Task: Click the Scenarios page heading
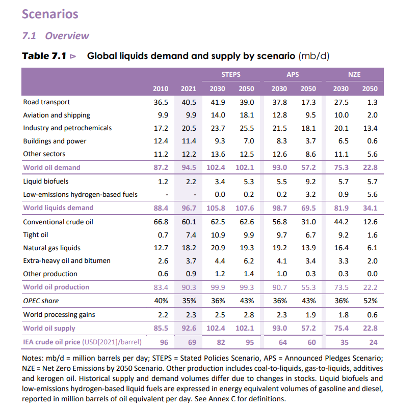pos(50,14)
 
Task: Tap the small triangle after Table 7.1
pos(73,55)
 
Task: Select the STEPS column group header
pos(231,74)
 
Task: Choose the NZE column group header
pos(355,74)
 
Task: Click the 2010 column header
pos(161,88)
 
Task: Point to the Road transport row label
pos(47,102)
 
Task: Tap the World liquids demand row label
pos(58,208)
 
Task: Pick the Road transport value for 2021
pos(189,102)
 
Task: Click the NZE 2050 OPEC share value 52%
pos(370,300)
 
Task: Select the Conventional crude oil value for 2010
pos(161,222)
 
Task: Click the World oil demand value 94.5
pos(189,167)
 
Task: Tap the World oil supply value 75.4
pos(340,329)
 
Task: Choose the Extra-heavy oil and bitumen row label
pos(67,260)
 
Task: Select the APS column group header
pos(293,74)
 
